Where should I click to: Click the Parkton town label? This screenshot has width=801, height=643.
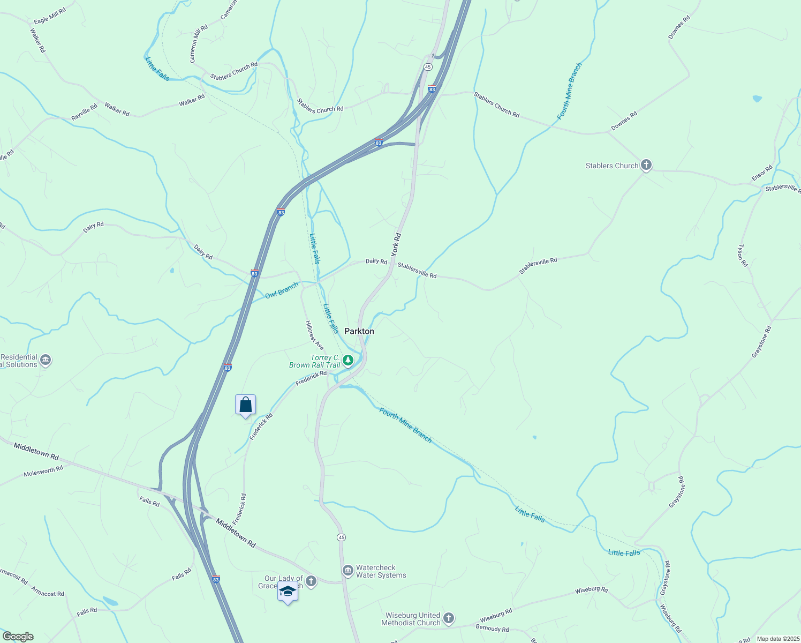pos(359,331)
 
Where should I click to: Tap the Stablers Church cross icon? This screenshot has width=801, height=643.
pos(646,165)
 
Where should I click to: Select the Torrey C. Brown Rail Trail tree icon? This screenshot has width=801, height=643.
pos(348,360)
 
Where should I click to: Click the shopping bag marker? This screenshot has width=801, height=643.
pos(245,405)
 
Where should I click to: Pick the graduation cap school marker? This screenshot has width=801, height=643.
pos(288,592)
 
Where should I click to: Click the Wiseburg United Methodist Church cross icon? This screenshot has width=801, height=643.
pos(449,618)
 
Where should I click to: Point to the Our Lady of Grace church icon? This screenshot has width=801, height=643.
pos(311,581)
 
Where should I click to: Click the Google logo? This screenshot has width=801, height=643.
pos(18,637)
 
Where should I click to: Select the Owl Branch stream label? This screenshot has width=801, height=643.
pos(282,290)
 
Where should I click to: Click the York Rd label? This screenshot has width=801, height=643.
pos(396,244)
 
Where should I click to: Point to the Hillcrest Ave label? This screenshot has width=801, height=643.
pos(315,335)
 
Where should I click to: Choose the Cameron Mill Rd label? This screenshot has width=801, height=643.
pos(198,43)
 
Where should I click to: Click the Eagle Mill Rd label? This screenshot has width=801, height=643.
pos(50,16)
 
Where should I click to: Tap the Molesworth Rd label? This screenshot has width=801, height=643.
pos(43,472)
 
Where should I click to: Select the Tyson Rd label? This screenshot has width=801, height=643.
pos(743,256)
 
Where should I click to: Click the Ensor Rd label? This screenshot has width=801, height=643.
pos(761,173)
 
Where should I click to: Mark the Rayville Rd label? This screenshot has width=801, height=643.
pos(85,112)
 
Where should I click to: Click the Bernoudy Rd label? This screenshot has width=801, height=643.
pos(492,628)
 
